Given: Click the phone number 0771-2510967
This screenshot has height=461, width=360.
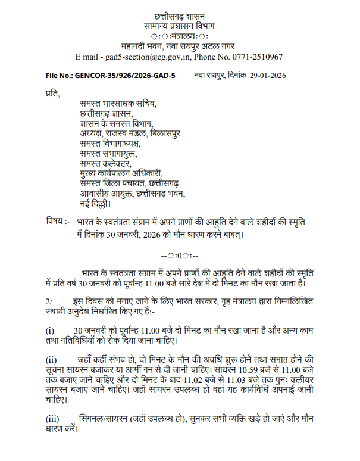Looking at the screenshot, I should tap(256, 57).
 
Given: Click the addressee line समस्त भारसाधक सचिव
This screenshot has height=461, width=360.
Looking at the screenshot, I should tap(118, 104).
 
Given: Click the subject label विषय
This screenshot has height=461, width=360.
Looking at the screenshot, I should tap(55, 222).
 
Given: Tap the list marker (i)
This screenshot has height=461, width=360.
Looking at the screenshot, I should tap(50, 331).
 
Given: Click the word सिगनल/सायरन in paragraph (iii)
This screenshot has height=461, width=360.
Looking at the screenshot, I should tap(105, 416).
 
